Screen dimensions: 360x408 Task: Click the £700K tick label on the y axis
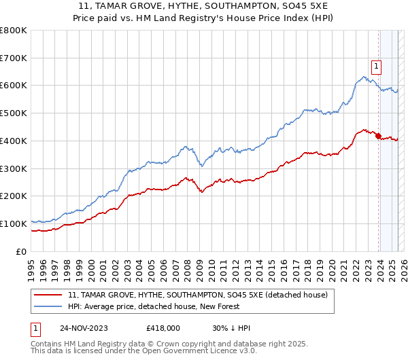[x=13, y=58]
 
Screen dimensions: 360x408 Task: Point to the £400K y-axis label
[x=13, y=141]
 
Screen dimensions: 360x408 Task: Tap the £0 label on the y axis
[x=21, y=251]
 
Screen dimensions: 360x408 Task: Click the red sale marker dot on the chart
[x=377, y=136]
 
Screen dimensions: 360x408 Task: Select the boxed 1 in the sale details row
[x=36, y=328]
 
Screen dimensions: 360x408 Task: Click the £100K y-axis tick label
[x=13, y=223]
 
